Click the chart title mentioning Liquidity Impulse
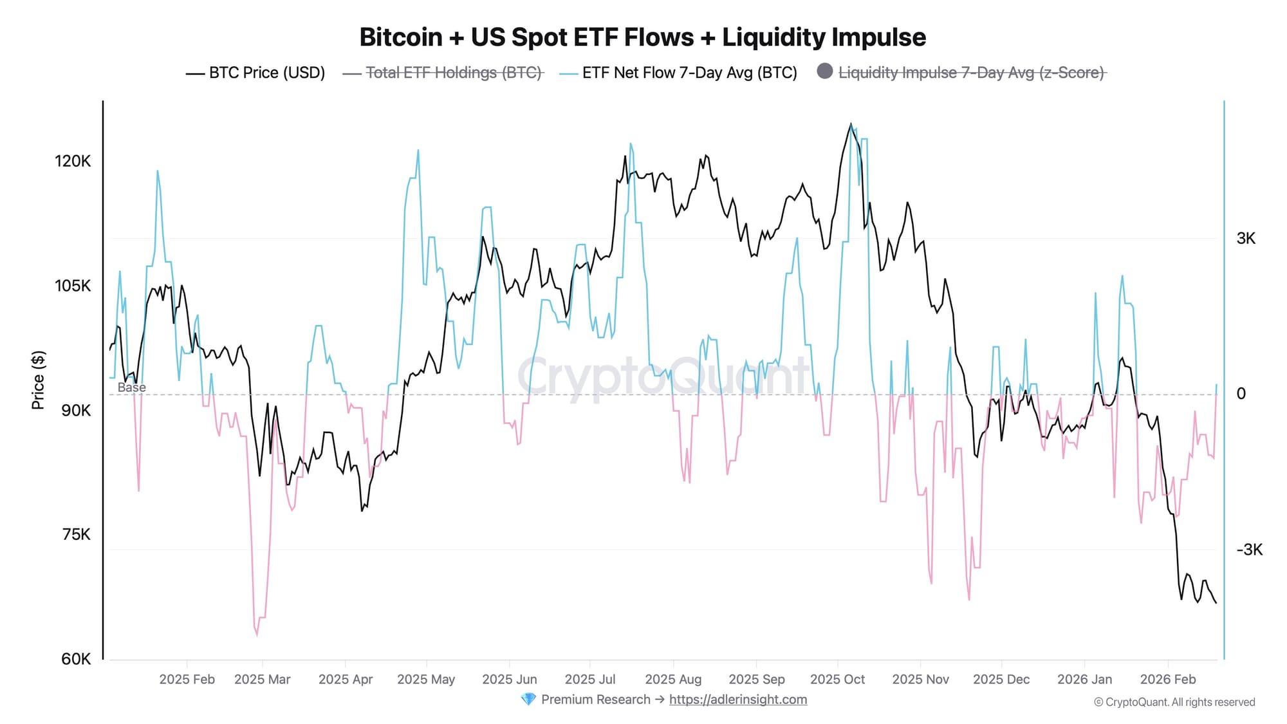tap(642, 37)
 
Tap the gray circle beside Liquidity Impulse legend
tap(824, 71)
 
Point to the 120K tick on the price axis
tap(73, 161)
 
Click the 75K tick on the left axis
tap(76, 535)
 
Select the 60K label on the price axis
tap(76, 659)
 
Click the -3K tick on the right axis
tap(1249, 550)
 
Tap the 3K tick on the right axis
tap(1246, 238)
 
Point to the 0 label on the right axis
tap(1241, 393)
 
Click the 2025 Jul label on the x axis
tap(589, 679)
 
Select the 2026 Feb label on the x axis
tap(1167, 679)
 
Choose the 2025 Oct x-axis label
tap(837, 679)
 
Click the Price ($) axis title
tap(38, 380)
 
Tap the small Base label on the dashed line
tap(131, 387)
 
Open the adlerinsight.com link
tap(737, 700)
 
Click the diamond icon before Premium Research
tap(528, 700)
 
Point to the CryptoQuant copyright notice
tap(1174, 702)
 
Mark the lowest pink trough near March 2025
tap(257, 635)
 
